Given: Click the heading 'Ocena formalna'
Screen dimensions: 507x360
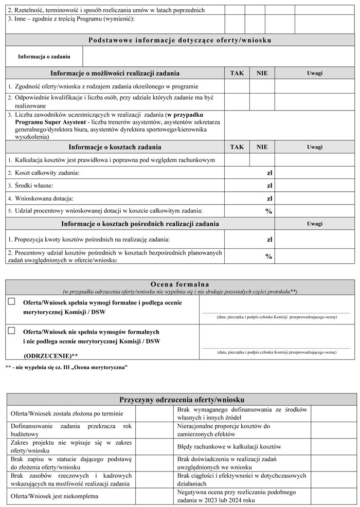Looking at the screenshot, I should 179,284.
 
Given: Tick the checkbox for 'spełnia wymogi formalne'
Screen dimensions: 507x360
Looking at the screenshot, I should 12,302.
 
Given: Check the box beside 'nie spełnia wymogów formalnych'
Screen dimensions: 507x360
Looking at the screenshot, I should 12,331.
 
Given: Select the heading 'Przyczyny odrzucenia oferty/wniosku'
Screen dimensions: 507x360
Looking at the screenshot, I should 181,400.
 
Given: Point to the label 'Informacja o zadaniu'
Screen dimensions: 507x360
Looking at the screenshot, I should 44,57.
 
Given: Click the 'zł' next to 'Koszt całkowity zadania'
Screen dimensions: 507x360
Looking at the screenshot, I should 269,173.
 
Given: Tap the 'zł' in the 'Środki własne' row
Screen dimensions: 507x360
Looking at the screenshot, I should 269,186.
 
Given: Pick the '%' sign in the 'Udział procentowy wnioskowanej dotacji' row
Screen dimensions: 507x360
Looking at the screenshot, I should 268,211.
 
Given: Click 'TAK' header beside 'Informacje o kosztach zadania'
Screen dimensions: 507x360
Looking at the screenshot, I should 237,147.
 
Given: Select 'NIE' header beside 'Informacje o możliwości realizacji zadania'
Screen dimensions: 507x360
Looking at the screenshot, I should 262,73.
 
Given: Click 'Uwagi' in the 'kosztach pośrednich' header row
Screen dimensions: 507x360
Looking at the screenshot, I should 315,224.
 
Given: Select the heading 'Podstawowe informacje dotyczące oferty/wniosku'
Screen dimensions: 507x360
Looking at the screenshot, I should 180,40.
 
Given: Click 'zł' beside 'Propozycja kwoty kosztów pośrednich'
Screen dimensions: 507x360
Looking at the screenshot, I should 269,240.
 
